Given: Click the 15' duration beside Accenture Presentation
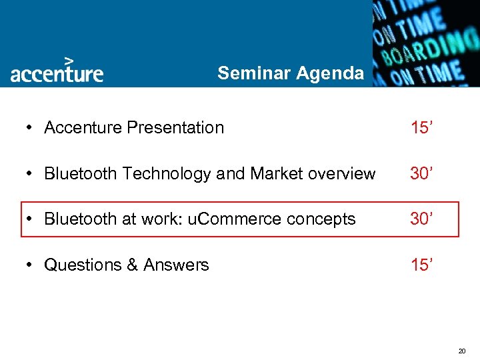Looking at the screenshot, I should [423, 127].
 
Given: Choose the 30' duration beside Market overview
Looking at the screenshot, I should [423, 174].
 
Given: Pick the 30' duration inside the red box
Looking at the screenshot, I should [423, 219].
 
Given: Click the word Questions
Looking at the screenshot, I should [82, 265].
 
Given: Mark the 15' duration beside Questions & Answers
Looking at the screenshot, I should [423, 265].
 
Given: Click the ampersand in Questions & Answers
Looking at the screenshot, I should [132, 265].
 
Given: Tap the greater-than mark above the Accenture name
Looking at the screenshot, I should [68, 59].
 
